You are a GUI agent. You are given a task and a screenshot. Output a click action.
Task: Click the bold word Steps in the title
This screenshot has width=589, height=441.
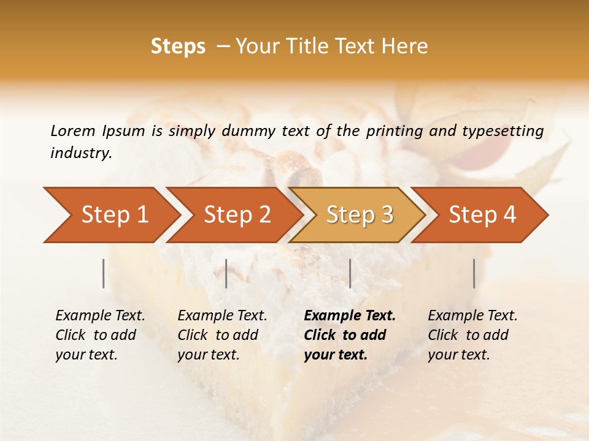[178, 47]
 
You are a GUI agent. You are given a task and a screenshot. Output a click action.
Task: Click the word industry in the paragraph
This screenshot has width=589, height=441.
[81, 153]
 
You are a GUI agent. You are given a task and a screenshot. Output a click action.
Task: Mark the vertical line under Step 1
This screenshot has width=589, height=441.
[104, 273]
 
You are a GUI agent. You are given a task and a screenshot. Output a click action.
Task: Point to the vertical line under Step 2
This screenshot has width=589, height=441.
[226, 273]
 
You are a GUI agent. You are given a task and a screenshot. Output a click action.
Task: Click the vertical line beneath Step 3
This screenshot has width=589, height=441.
[350, 273]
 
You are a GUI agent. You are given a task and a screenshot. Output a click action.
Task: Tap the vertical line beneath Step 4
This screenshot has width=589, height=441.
[474, 273]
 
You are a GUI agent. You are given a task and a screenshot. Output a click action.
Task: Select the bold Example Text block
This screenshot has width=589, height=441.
[349, 335]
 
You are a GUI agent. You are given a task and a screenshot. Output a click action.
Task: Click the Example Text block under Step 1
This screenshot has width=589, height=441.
[100, 335]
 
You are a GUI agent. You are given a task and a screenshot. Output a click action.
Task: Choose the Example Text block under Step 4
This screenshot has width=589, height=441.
[472, 335]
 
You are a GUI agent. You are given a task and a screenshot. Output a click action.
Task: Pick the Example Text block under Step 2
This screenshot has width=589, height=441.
[222, 335]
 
